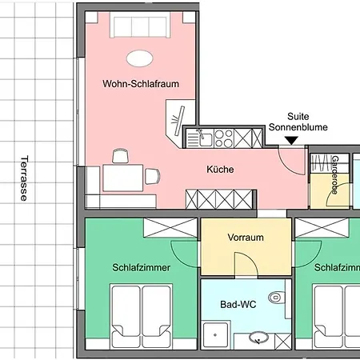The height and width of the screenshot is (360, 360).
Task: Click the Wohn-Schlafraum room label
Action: point(141,84)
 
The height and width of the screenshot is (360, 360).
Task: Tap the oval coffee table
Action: point(140,58)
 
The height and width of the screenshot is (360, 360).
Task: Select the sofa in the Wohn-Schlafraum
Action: point(140,26)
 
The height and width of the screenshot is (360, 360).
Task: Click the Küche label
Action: point(220,170)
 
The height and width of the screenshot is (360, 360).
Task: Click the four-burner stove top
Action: point(224,138)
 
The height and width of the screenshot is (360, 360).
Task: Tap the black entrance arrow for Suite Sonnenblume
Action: point(291,141)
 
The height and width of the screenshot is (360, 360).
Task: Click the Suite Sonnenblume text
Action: point(298,122)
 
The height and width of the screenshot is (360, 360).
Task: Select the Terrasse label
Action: point(24,178)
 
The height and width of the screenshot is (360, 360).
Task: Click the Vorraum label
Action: point(246,238)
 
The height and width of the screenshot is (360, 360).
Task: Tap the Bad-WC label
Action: point(238,304)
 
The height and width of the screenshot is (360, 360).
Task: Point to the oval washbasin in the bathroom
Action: point(258,338)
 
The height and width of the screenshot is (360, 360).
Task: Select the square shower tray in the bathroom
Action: point(215,335)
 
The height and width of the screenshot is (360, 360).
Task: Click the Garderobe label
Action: point(334,175)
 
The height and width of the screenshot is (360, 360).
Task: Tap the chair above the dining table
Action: point(121,156)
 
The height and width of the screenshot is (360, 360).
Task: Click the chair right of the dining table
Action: point(152,176)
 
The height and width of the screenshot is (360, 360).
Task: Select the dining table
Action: point(123,178)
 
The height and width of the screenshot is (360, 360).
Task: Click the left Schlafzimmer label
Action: point(141,267)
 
